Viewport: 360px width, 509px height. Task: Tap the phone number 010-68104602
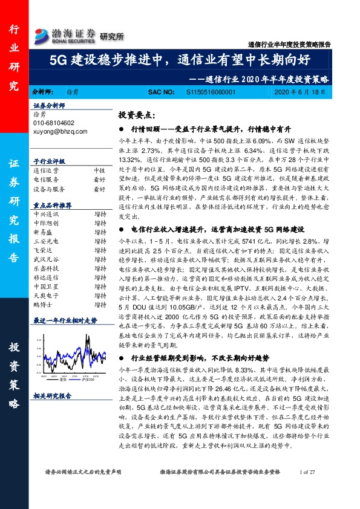[x=54, y=122]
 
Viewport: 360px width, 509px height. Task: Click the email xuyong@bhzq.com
[x=59, y=131]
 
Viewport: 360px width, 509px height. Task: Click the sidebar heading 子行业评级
[x=48, y=162]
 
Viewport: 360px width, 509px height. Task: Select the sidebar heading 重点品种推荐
[x=52, y=205]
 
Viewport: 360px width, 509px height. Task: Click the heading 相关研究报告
[x=52, y=396]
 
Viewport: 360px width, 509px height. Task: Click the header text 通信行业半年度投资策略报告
[x=289, y=45]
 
